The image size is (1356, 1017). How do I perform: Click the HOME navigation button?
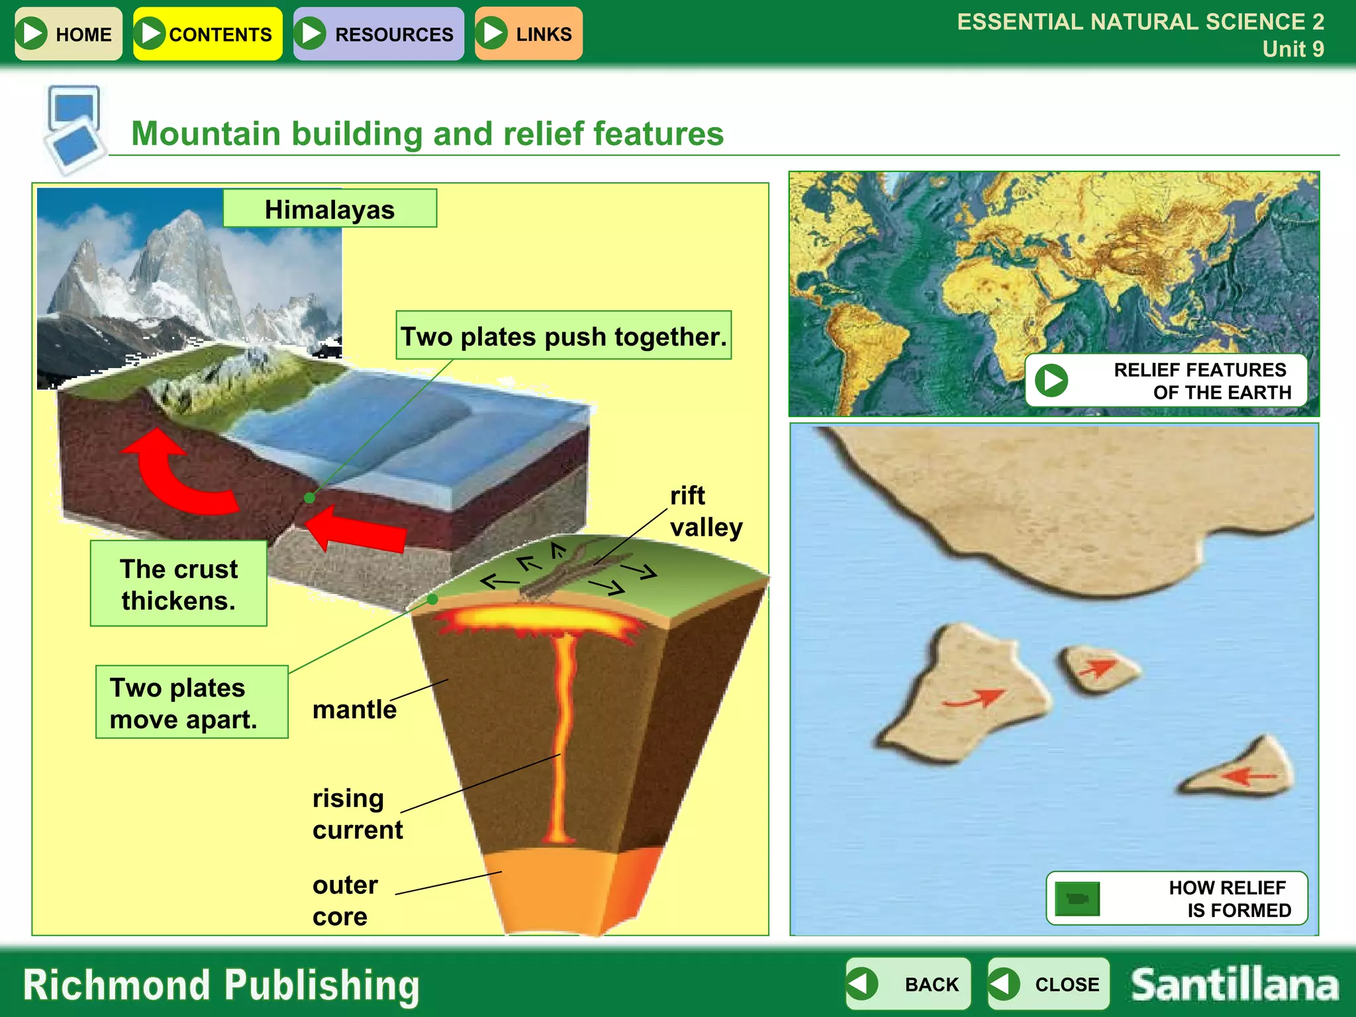(68, 34)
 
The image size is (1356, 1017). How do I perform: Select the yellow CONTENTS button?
(207, 34)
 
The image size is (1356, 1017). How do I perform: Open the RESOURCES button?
(379, 34)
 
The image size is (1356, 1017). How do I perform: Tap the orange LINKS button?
(528, 34)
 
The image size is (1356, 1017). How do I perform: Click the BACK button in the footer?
(908, 984)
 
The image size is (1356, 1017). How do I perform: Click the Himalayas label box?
(330, 209)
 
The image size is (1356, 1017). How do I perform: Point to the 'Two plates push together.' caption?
(563, 336)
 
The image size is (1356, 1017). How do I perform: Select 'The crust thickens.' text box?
(179, 584)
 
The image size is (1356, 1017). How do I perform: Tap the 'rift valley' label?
(705, 511)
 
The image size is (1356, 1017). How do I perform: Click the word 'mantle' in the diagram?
(354, 709)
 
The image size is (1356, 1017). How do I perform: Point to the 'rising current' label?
(357, 814)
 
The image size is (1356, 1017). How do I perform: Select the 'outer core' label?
(344, 900)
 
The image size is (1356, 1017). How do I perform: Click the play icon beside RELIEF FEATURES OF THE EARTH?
(1051, 381)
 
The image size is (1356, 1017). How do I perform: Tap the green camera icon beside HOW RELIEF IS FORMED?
(1077, 898)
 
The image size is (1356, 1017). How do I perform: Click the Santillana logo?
(1234, 985)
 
